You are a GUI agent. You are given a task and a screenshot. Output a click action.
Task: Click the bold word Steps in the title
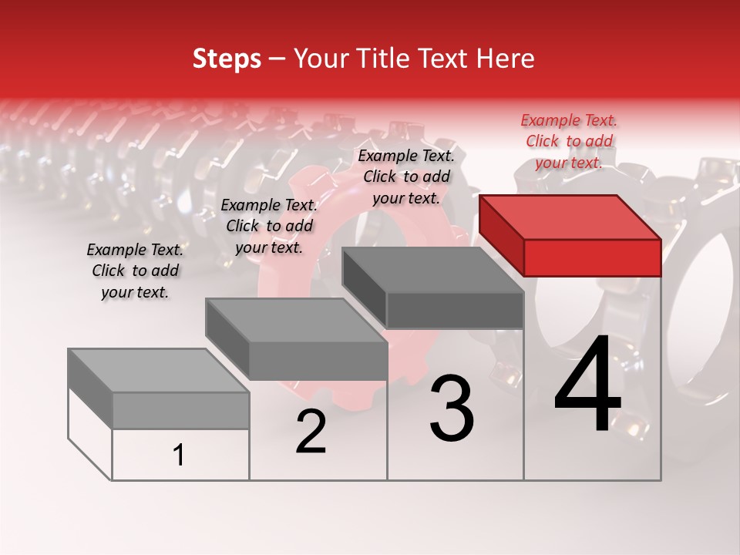tap(227, 59)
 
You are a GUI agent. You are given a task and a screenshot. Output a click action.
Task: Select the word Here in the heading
tap(506, 59)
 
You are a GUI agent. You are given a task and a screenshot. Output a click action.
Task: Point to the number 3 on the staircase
tap(452, 409)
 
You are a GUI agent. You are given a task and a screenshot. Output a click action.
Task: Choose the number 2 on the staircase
tap(311, 432)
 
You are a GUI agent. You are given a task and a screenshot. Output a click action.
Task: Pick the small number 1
tap(179, 456)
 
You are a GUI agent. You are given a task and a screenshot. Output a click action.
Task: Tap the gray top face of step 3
tap(432, 270)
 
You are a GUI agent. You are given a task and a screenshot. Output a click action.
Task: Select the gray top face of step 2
tap(296, 320)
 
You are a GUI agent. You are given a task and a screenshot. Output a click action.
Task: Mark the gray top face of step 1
tap(159, 371)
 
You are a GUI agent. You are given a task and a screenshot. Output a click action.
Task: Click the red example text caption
tap(569, 141)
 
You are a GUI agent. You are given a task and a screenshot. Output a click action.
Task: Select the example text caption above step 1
tap(135, 271)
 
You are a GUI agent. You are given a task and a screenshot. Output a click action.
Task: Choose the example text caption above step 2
tap(269, 226)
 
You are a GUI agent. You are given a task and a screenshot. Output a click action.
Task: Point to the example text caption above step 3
tap(406, 177)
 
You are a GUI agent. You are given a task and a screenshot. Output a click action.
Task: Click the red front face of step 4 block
tap(592, 257)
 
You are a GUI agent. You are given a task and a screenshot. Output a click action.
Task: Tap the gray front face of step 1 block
tap(180, 410)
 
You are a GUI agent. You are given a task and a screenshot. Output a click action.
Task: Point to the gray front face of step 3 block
tap(455, 310)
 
